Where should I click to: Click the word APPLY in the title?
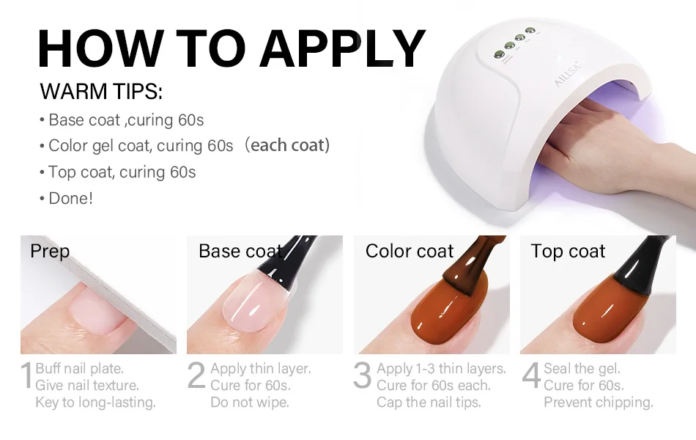343,48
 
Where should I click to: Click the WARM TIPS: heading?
101,92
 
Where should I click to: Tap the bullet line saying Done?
67,198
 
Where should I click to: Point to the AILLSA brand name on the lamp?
567,74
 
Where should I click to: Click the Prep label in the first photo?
50,252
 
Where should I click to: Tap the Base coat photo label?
240,251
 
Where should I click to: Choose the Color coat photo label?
410,251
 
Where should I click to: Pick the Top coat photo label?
568,252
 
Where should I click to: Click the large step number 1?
27,375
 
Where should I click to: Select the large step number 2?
196,375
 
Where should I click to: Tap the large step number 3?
362,375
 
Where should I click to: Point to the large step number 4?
531,375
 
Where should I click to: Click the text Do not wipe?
249,402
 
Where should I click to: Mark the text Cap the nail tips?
429,402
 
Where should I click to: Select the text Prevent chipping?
599,402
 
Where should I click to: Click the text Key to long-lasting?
95,402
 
